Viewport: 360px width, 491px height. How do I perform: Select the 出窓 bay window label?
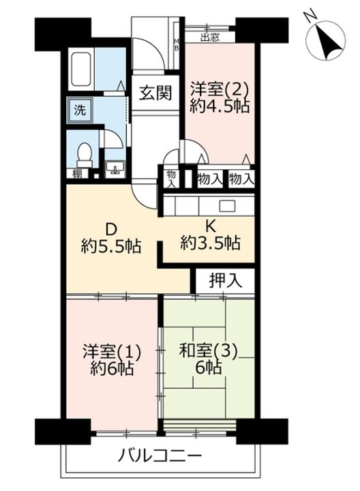209,38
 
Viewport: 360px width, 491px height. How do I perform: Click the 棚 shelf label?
78,175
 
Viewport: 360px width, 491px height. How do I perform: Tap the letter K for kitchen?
211,224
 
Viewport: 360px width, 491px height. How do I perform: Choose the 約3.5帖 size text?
211,241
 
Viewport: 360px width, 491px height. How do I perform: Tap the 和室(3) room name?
207,353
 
